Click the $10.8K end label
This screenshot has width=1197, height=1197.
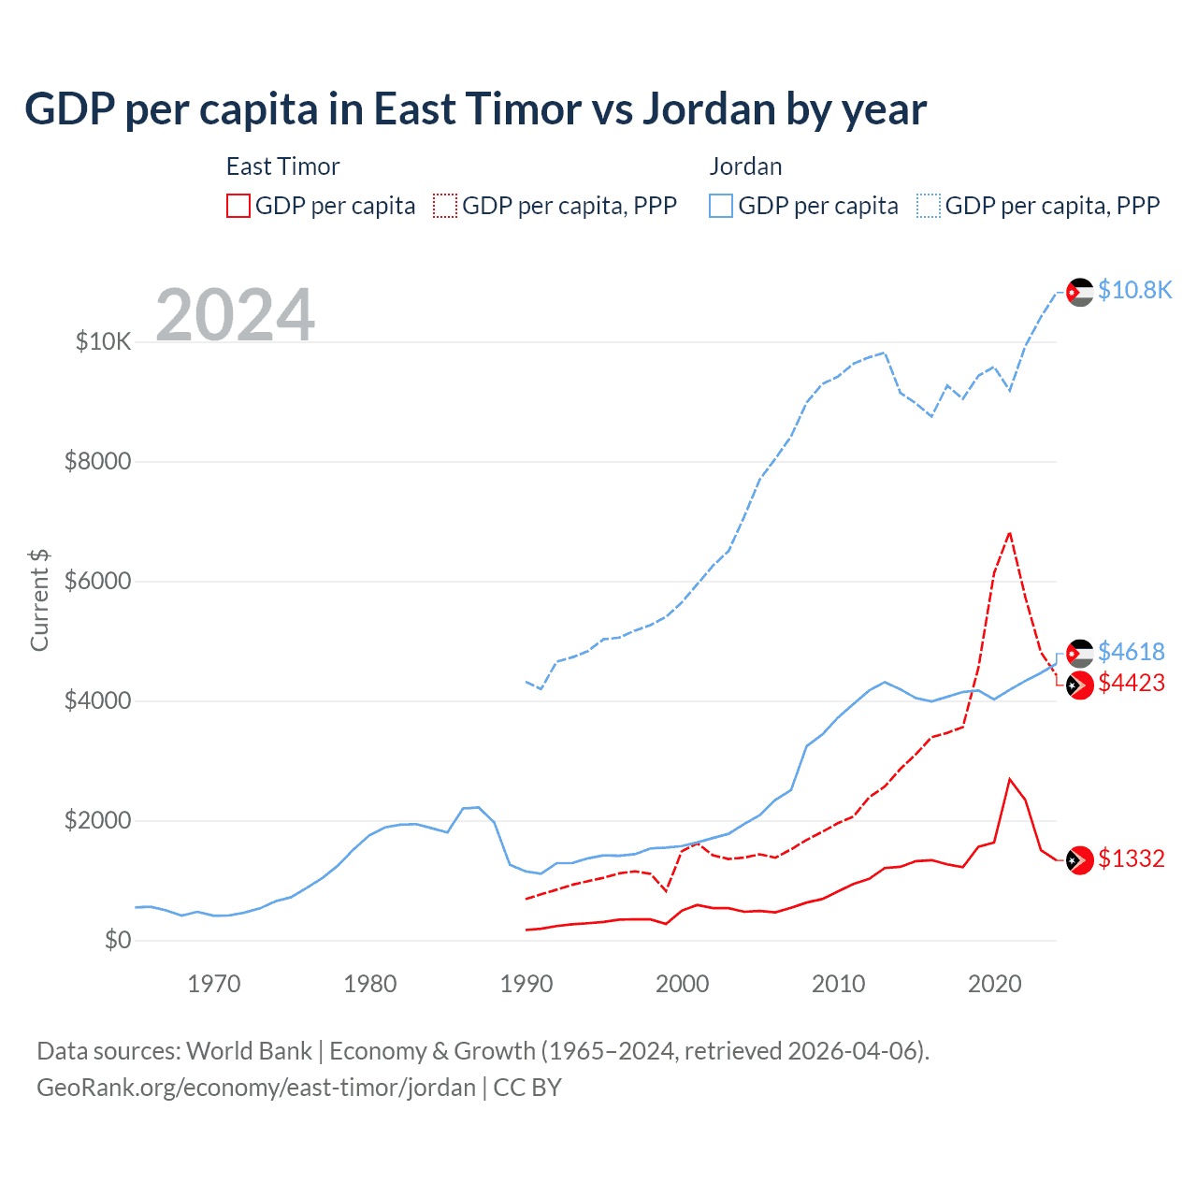point(1134,290)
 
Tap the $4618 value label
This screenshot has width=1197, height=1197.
point(1131,651)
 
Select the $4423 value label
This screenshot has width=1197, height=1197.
point(1131,683)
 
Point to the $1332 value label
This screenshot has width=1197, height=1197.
point(1131,858)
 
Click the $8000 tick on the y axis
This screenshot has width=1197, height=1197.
point(97,461)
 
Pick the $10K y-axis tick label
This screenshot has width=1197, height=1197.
point(103,341)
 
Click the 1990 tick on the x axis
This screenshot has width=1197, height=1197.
point(526,983)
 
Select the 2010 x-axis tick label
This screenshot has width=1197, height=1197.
point(839,983)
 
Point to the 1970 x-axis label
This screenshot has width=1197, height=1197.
point(214,983)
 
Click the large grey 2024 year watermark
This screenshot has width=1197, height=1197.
point(235,315)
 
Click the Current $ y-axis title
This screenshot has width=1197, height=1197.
point(39,599)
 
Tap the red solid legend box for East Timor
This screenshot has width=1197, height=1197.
point(238,206)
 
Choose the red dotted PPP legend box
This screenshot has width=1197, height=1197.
point(445,206)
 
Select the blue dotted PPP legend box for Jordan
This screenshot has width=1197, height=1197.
point(928,206)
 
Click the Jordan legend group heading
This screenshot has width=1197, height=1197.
point(745,166)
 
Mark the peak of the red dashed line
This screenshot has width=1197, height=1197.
point(1010,533)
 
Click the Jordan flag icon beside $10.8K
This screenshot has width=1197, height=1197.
point(1080,292)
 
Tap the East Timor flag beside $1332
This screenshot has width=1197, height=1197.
point(1080,859)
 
